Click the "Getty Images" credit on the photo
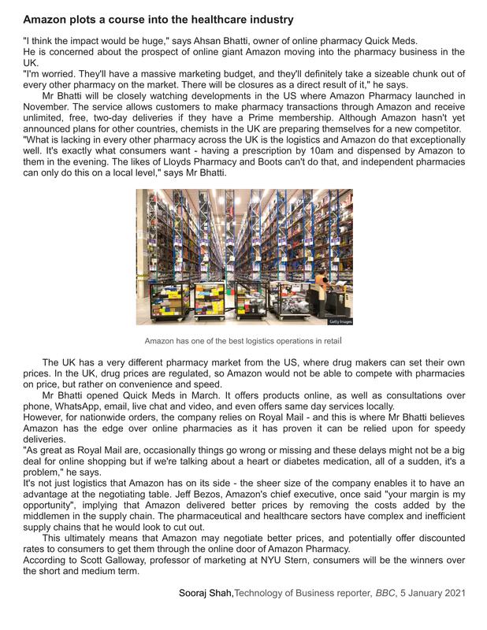point(340,321)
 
